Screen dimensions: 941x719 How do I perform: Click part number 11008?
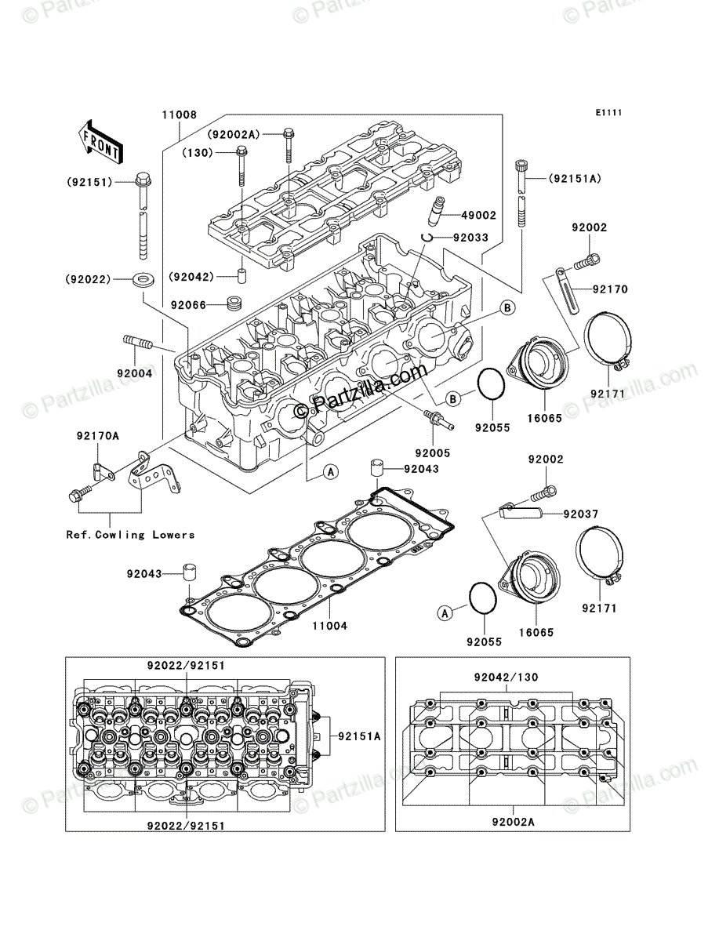click(x=179, y=114)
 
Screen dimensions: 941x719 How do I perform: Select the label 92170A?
click(x=98, y=436)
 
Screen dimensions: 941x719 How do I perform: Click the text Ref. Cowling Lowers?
click(x=130, y=535)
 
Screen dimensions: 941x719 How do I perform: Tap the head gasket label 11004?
click(x=330, y=627)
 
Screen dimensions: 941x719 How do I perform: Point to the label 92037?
click(x=581, y=514)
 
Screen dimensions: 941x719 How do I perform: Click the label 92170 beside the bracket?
click(x=610, y=289)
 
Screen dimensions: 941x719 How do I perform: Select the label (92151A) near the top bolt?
click(x=574, y=178)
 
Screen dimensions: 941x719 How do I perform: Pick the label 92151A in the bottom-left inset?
click(x=359, y=736)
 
